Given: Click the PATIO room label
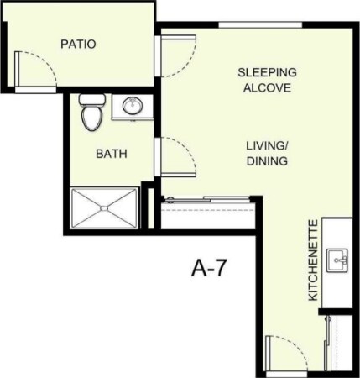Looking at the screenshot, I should click(x=78, y=44).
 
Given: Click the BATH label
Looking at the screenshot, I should click(x=111, y=155).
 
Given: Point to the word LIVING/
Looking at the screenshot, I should click(x=266, y=145).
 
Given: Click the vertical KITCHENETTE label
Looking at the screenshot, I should click(x=312, y=260).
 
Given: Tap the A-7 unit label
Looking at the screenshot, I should click(x=210, y=269).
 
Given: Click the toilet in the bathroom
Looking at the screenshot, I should click(x=91, y=113).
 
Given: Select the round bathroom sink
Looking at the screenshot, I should click(x=133, y=107).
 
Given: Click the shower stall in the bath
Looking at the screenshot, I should click(x=104, y=207).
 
